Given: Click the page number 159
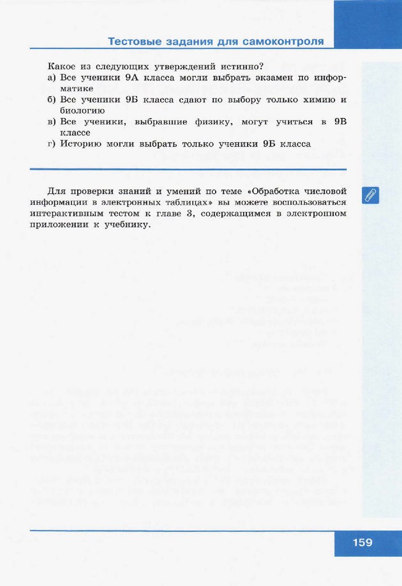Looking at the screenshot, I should (x=362, y=541).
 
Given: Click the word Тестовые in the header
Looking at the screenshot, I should (x=135, y=42).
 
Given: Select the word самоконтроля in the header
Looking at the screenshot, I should (x=283, y=42).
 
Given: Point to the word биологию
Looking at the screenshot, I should (x=82, y=110).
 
